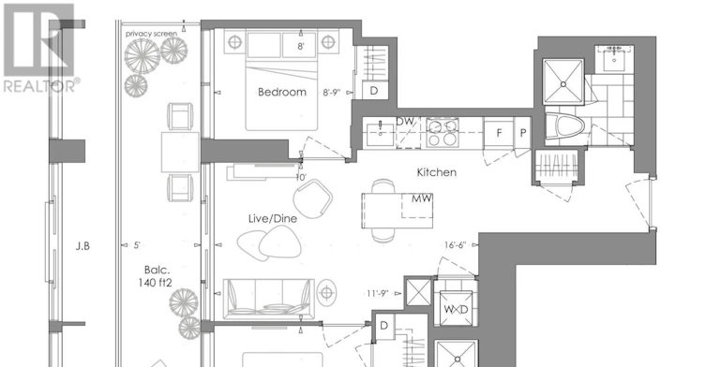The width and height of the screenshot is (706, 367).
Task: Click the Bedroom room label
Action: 282,92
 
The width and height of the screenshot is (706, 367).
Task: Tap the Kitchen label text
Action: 436,172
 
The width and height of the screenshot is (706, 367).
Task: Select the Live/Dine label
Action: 273,218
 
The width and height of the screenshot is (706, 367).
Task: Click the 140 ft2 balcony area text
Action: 156,283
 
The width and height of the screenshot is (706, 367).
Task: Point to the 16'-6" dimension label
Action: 455,245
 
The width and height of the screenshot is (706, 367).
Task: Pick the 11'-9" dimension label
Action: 377,294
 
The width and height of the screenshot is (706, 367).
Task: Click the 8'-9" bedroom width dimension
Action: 331,93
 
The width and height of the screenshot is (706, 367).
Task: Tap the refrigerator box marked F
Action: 499,133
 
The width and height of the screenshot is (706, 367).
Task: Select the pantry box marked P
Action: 523,133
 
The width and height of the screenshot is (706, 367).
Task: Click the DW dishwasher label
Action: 405,122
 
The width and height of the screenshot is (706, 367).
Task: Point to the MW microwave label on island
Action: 422,198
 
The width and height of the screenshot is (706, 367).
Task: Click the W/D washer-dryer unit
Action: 456,309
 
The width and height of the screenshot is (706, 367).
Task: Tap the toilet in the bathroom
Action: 564,125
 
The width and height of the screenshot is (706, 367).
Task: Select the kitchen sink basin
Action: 380,134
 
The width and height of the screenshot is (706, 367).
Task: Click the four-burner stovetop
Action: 443,133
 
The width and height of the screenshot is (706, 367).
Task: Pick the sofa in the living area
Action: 269,298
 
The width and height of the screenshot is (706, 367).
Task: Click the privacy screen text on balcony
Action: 151,34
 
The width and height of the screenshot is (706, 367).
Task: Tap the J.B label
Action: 83,246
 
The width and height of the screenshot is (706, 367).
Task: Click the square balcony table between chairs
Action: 180,152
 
